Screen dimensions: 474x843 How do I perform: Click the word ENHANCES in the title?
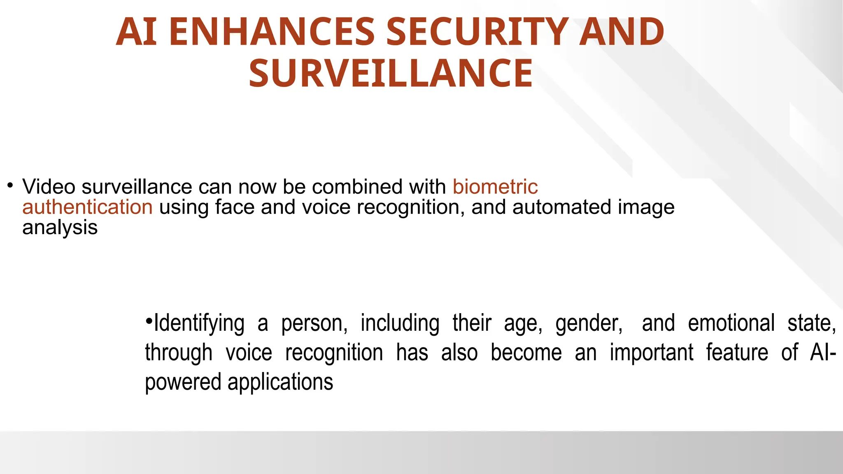pos(272,32)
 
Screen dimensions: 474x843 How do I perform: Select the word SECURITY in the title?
pos(477,32)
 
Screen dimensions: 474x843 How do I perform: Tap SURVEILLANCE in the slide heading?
pos(391,74)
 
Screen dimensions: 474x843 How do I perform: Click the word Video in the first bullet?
pos(49,187)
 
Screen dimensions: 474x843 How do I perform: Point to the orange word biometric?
pos(495,187)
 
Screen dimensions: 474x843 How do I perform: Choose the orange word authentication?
pos(87,207)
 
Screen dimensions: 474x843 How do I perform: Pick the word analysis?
pos(60,228)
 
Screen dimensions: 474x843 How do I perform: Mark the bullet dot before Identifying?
pos(149,320)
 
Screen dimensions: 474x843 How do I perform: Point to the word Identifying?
pos(199,323)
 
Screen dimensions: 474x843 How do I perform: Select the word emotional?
pos(731,323)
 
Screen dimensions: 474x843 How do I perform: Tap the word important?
pos(651,353)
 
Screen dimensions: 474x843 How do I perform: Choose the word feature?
pos(737,353)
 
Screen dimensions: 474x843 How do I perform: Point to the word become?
pos(526,353)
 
